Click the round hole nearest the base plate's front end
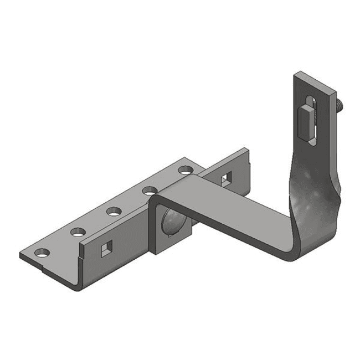pos(42,254)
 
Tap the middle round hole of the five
pos(114,210)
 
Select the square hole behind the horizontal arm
pos(226,178)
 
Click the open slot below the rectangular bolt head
pos(313,138)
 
